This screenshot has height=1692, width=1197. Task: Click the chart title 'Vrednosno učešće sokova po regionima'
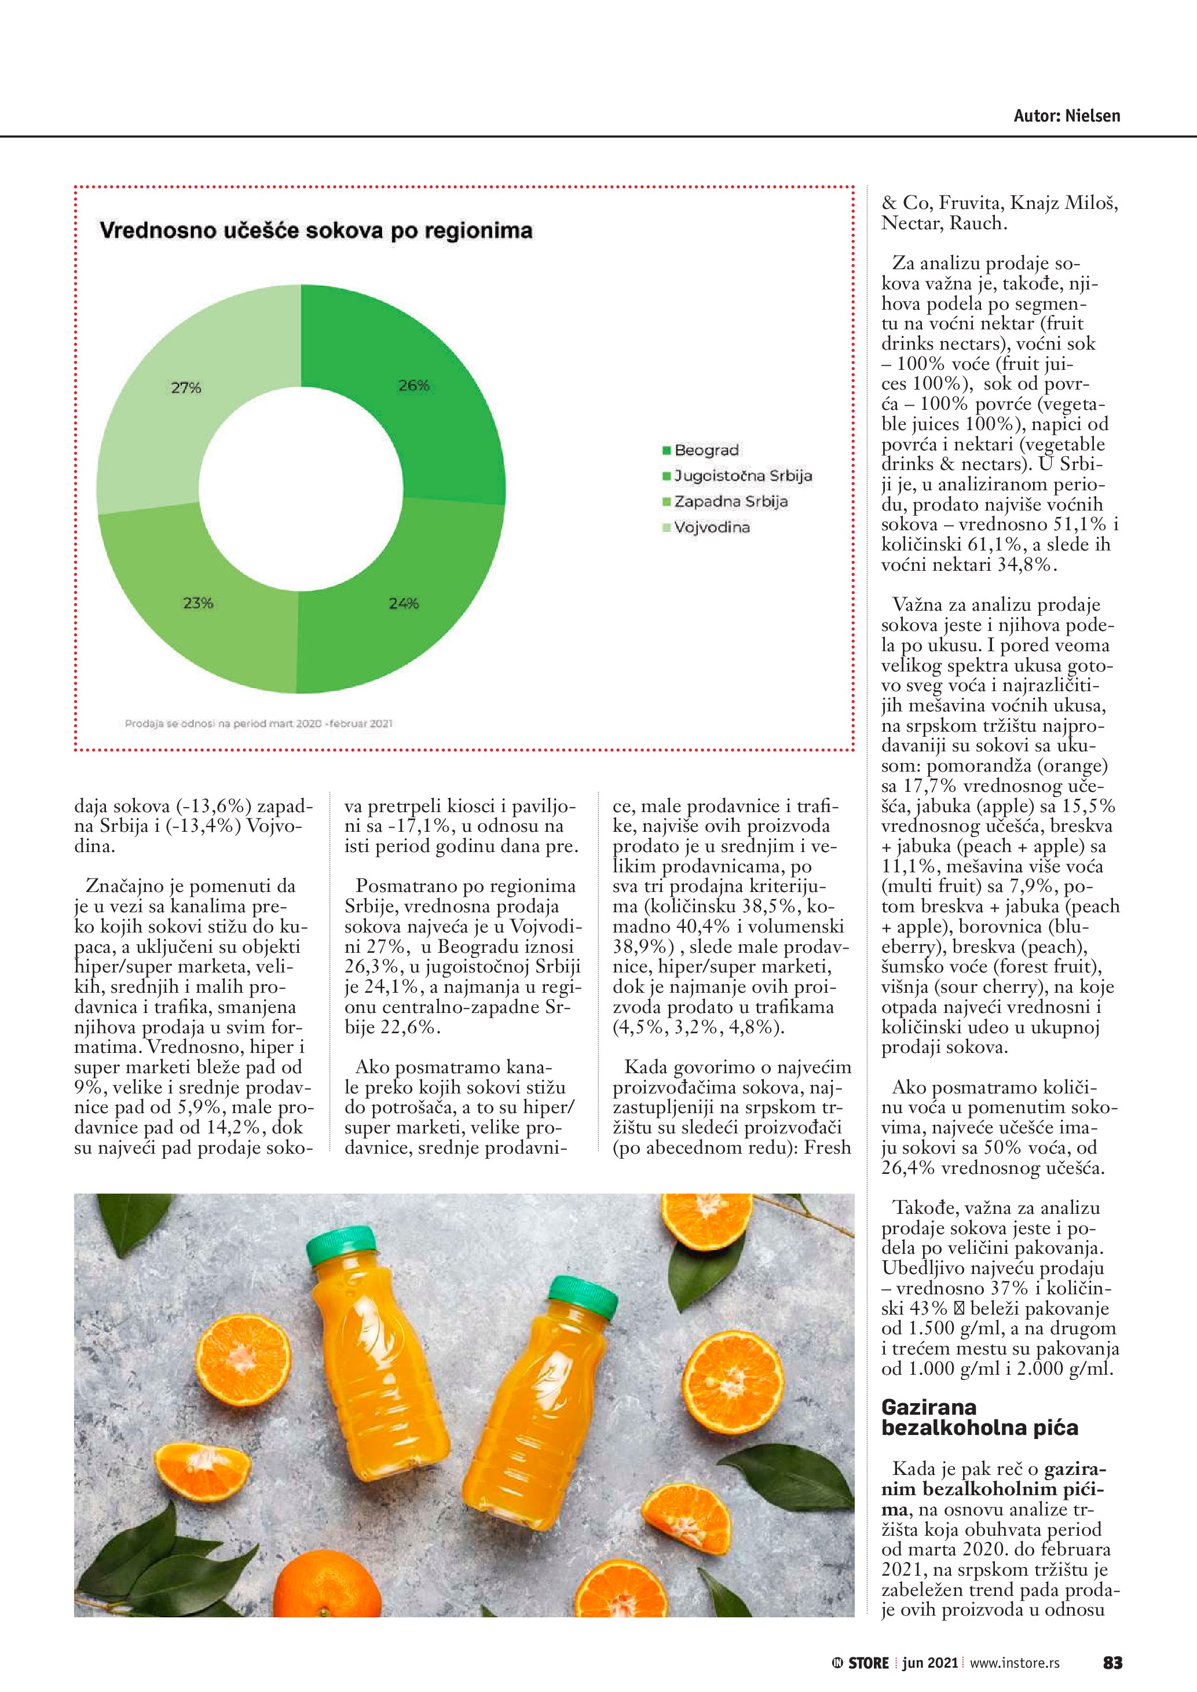(x=316, y=230)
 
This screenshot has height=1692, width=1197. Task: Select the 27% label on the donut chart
(x=186, y=388)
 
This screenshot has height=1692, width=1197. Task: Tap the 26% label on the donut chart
(x=413, y=386)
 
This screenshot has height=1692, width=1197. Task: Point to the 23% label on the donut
(x=197, y=603)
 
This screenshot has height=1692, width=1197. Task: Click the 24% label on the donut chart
(x=404, y=603)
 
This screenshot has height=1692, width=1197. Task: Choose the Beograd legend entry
(x=705, y=450)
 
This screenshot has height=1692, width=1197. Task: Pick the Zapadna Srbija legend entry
(x=730, y=502)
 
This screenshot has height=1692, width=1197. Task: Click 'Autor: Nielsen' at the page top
(x=1067, y=116)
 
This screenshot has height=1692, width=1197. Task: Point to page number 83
(x=1112, y=1663)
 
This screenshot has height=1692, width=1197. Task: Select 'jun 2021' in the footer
(x=929, y=1663)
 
